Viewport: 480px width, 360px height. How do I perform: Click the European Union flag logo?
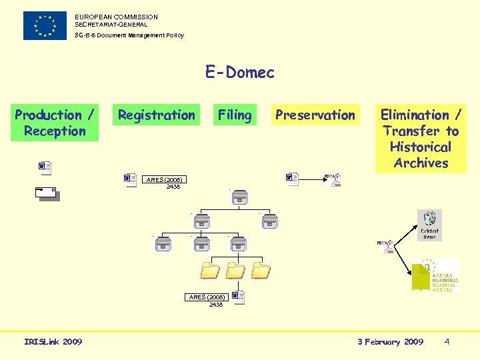(45, 25)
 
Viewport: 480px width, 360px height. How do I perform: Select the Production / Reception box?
(55, 123)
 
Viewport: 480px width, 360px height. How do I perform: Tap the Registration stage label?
(157, 115)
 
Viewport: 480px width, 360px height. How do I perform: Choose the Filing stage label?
(235, 115)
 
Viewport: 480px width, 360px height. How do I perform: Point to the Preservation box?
(315, 115)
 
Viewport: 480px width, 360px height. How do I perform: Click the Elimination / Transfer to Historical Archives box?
(421, 139)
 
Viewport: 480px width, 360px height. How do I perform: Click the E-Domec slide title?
(240, 73)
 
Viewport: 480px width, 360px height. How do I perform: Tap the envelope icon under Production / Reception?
(47, 194)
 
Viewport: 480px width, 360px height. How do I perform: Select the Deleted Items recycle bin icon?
(429, 225)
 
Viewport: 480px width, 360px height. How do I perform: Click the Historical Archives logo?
(434, 275)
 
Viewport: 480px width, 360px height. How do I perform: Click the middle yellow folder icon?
(235, 270)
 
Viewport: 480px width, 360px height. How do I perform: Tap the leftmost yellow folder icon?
(210, 270)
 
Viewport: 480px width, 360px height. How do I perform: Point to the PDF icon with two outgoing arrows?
(385, 247)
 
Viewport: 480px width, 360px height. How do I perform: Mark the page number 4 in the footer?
(447, 342)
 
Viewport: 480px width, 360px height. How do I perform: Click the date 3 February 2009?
(390, 342)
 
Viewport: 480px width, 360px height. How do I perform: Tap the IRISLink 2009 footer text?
(53, 342)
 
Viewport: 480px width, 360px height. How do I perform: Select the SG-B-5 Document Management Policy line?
(129, 35)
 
